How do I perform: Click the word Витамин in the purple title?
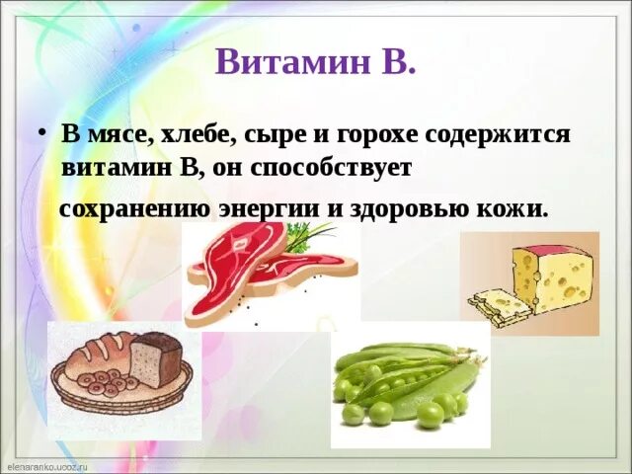[x=292, y=62]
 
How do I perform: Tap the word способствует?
[x=332, y=168]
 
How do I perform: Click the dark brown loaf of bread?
[x=156, y=359]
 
